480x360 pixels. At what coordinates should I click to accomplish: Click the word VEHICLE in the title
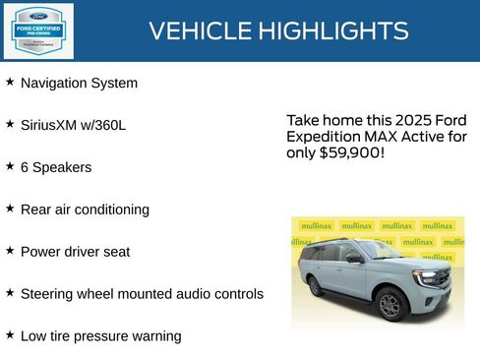(x=200, y=30)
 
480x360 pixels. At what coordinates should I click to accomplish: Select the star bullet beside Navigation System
(x=10, y=83)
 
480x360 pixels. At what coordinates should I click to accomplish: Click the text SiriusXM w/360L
(x=73, y=125)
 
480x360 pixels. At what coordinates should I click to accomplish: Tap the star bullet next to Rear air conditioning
(x=10, y=209)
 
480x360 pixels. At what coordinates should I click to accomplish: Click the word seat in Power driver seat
(x=116, y=252)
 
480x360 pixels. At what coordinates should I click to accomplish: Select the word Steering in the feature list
(x=49, y=293)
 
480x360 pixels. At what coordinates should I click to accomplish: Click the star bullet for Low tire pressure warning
(x=10, y=334)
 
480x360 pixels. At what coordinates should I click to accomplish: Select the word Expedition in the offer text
(x=323, y=137)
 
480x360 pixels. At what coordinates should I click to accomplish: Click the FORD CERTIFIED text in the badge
(x=37, y=28)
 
